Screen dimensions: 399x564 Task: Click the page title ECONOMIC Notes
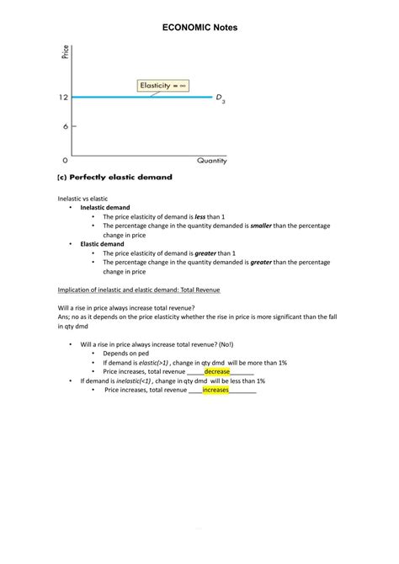click(199, 28)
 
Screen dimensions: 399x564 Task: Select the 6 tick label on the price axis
click(64, 126)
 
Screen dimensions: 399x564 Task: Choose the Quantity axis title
click(211, 160)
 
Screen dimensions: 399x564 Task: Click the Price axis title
click(66, 52)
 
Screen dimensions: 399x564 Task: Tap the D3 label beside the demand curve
click(221, 99)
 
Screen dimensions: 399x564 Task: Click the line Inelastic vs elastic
click(82, 199)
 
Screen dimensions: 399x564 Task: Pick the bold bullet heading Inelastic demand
click(105, 207)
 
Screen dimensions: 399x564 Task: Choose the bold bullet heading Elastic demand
click(102, 243)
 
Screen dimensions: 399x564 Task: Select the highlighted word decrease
click(217, 371)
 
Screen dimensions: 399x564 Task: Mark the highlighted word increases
click(215, 390)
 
